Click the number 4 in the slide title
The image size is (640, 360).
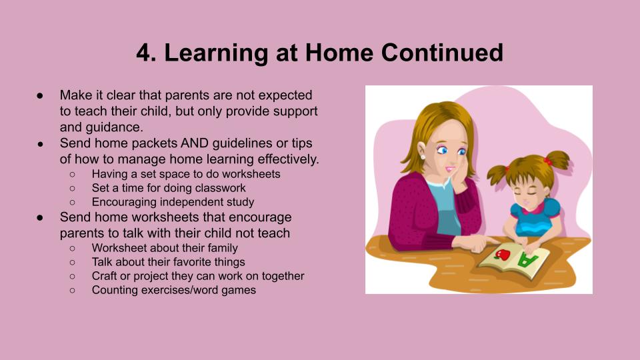pyautogui.click(x=144, y=53)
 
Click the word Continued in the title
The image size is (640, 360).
pyautogui.click(x=442, y=53)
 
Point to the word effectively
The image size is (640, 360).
pyautogui.click(x=288, y=159)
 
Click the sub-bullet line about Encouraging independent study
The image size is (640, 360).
pyautogui.click(x=173, y=202)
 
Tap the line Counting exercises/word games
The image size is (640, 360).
pyautogui.click(x=174, y=290)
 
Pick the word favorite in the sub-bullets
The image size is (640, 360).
pyautogui.click(x=190, y=262)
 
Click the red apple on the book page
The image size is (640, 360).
pyautogui.click(x=503, y=255)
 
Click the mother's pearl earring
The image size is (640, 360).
pyautogui.click(x=423, y=156)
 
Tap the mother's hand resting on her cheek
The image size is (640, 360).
pyautogui.click(x=459, y=179)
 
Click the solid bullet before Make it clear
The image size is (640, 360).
pyautogui.click(x=40, y=95)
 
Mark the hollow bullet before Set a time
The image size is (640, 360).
pyautogui.click(x=72, y=188)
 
